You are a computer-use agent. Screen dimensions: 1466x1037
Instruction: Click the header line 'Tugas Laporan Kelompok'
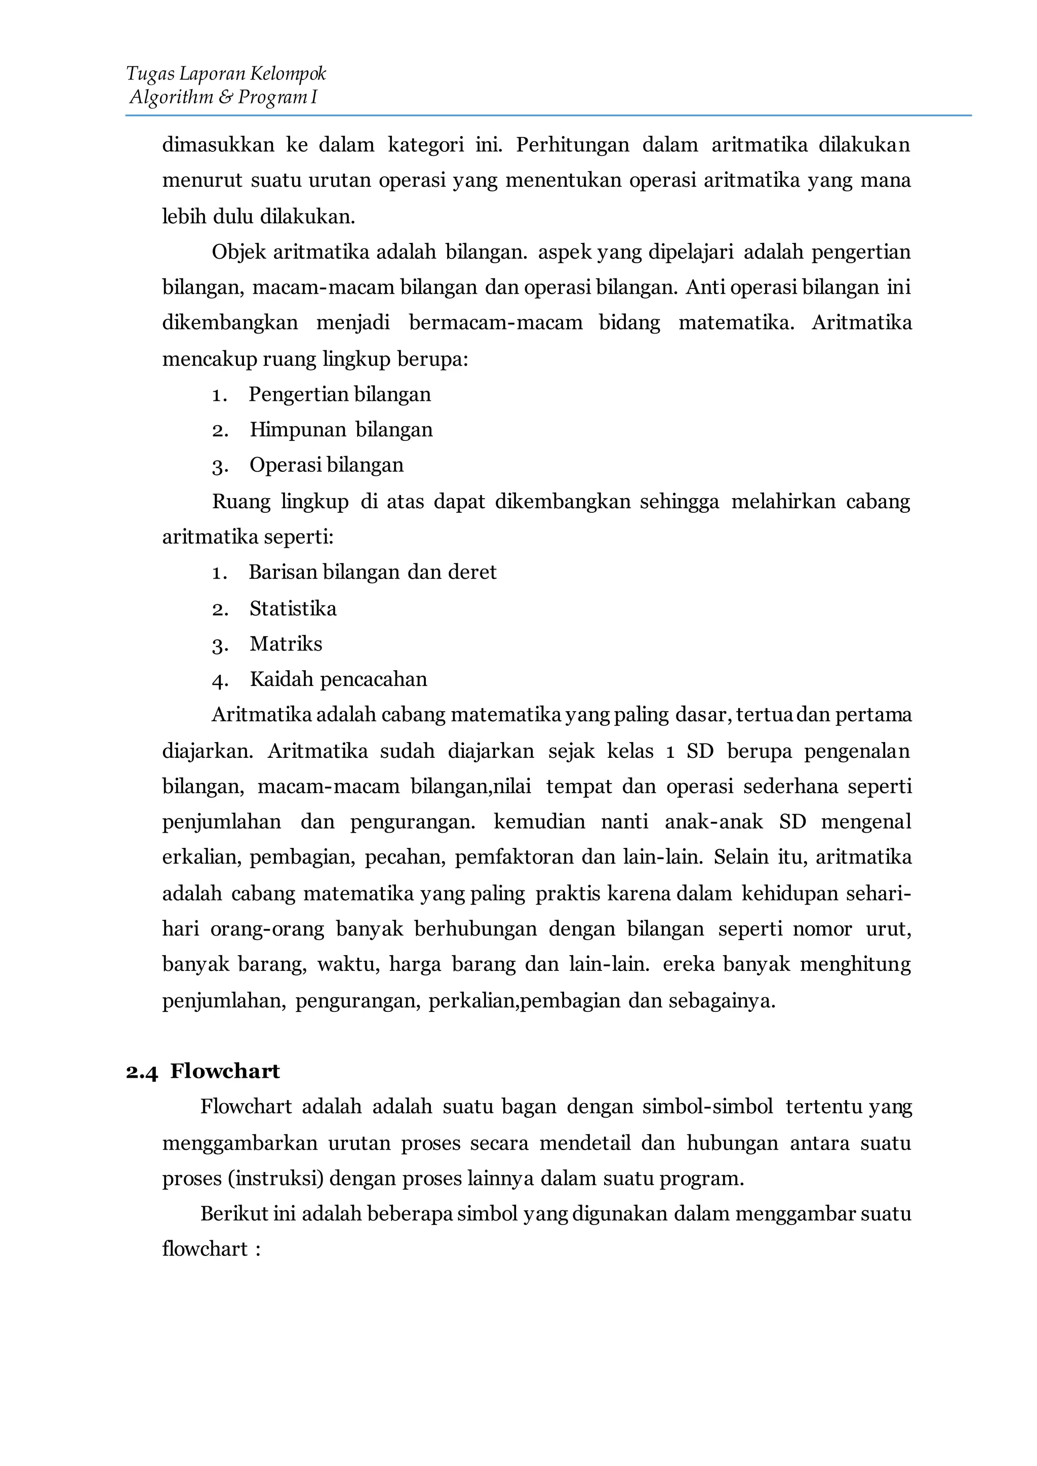226,74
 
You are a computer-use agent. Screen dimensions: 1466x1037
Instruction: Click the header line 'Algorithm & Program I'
223,98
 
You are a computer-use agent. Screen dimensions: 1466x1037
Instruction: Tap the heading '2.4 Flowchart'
203,1071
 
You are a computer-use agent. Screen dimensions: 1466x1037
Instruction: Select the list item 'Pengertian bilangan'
340,394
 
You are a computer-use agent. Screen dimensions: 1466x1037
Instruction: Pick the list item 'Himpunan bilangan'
341,429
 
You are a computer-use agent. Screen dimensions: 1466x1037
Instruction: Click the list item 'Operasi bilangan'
326,465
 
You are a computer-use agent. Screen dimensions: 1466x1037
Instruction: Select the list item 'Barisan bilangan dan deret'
372,572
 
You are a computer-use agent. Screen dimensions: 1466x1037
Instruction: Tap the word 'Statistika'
293,608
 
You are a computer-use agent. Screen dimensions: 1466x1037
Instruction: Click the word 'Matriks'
286,643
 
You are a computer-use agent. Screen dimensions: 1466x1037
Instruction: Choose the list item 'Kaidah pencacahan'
338,679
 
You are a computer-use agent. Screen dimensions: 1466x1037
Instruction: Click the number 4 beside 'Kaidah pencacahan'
220,681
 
